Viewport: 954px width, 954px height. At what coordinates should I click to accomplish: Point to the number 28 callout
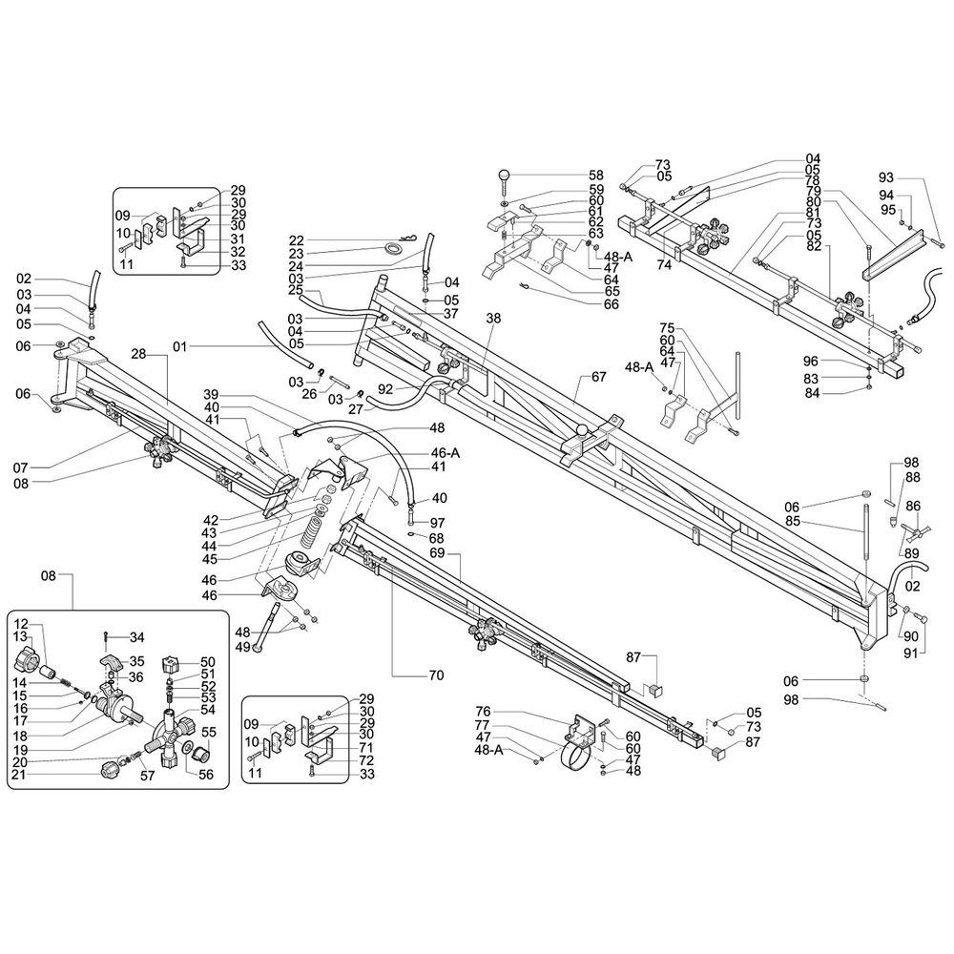point(139,354)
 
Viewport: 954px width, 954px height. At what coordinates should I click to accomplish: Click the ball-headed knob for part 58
point(505,178)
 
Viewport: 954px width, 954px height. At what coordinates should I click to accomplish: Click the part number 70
point(436,676)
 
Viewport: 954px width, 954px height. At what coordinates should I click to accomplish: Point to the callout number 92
point(384,389)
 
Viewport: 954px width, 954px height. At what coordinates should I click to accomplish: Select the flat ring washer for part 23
point(390,249)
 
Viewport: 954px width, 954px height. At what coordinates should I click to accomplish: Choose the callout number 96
point(811,361)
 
